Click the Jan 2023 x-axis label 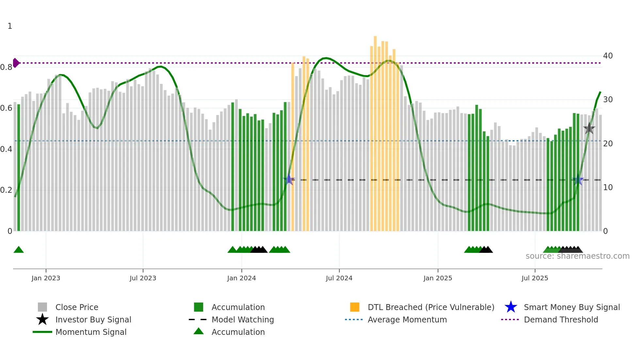[46, 278]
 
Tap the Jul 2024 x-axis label [339, 278]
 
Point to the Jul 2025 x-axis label [535, 278]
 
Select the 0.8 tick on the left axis [6, 67]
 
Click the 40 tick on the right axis [608, 56]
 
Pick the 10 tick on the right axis [608, 188]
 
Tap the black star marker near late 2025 [589, 128]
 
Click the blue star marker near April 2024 [289, 180]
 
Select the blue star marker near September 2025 [578, 180]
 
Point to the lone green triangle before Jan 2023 [19, 250]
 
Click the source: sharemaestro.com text [577, 256]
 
